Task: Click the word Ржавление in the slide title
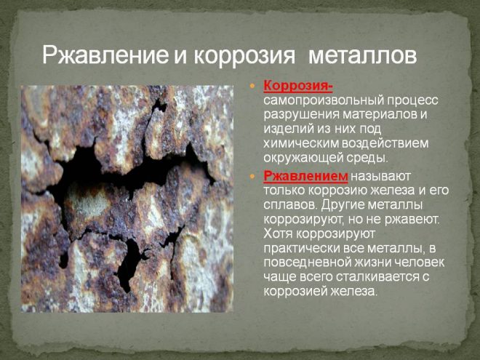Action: point(105,56)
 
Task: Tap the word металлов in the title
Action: point(363,56)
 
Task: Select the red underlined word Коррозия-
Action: point(298,86)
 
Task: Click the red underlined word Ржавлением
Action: point(305,176)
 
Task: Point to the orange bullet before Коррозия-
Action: point(252,86)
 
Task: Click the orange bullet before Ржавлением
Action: point(252,176)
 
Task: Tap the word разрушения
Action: point(302,114)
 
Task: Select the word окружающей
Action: point(303,158)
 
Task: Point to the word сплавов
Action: point(290,205)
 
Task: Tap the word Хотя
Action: point(278,233)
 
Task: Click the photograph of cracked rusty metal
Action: point(127,199)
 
